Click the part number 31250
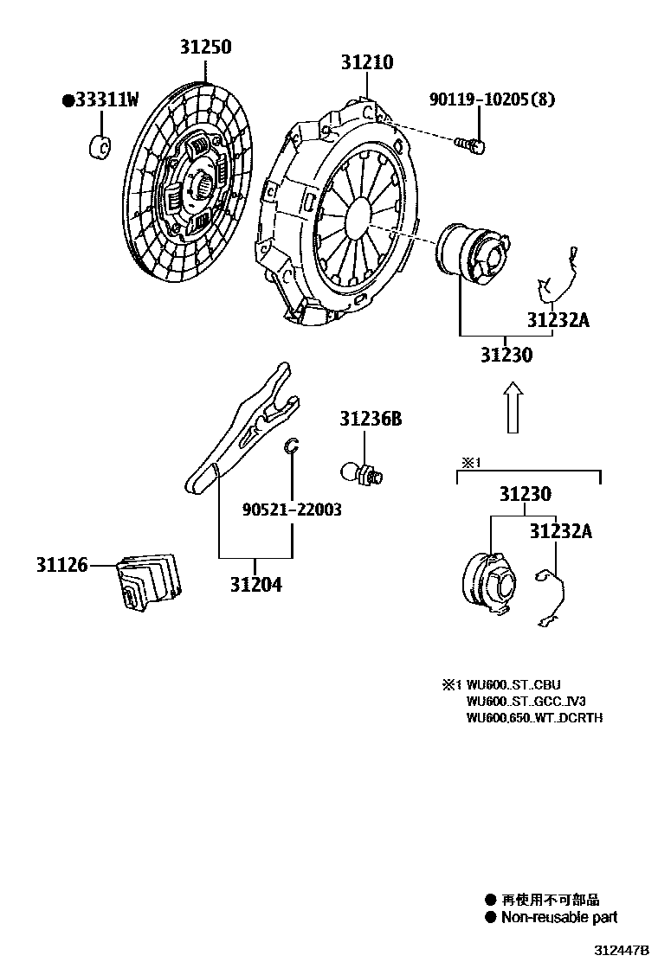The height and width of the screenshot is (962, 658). click(x=205, y=48)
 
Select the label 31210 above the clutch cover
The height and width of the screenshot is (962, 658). click(x=366, y=62)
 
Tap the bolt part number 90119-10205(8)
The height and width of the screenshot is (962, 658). click(x=491, y=99)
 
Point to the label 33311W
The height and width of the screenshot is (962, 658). click(x=100, y=100)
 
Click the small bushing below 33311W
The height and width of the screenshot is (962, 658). click(x=100, y=147)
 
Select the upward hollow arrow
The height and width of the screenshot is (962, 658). click(x=513, y=408)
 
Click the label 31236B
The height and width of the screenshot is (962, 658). click(x=370, y=420)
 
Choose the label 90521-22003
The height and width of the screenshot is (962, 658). click(x=291, y=510)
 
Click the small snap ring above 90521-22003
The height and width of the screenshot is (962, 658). click(x=292, y=446)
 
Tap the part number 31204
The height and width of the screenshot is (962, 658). click(x=255, y=584)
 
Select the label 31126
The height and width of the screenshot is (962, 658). click(x=61, y=566)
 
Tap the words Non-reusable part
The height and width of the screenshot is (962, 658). click(x=558, y=918)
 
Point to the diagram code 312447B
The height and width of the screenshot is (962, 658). click(x=621, y=950)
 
